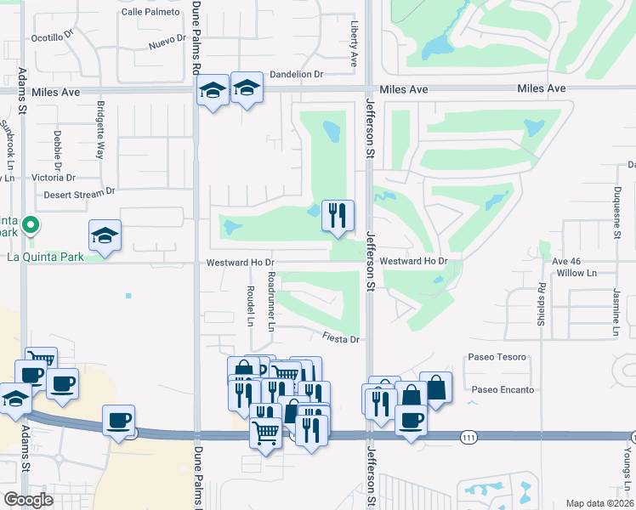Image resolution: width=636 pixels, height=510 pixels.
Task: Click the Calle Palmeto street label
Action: pos(150,12)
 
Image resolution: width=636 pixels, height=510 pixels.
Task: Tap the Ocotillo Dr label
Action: pos(53,38)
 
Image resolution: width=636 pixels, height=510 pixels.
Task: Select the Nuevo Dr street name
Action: pos(167,42)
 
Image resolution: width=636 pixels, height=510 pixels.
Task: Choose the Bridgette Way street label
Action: pos(100,130)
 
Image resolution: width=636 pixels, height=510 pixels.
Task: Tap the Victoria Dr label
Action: pos(54,178)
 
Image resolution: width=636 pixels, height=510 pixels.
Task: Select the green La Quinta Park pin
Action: pos(31,226)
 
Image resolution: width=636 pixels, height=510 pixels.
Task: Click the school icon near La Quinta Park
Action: pos(105,235)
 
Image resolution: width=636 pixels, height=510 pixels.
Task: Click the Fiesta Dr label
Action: pos(342,338)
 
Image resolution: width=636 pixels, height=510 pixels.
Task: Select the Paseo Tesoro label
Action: pos(497,358)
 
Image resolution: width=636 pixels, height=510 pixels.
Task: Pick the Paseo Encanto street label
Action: pos(503,390)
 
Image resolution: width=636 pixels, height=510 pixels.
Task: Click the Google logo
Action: pos(28,500)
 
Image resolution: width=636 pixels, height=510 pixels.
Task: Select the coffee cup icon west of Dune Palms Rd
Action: pos(118,419)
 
